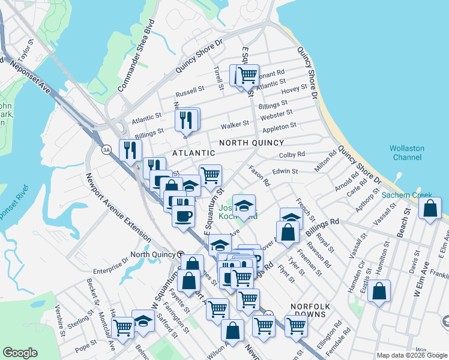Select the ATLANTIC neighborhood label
click(176, 154)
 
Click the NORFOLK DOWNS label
click(308, 310)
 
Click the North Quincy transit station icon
click(181, 254)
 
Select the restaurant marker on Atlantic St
click(187, 120)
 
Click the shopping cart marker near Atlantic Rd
click(247, 76)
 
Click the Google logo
click(20, 353)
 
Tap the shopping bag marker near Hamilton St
click(379, 292)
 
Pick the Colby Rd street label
click(292, 155)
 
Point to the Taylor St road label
click(25, 51)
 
